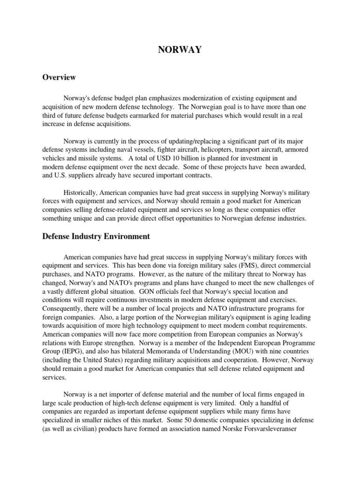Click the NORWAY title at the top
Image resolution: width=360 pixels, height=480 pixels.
point(180,50)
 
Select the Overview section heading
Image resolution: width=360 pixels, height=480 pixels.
point(59,77)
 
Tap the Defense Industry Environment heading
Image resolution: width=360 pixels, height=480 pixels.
point(96,236)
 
